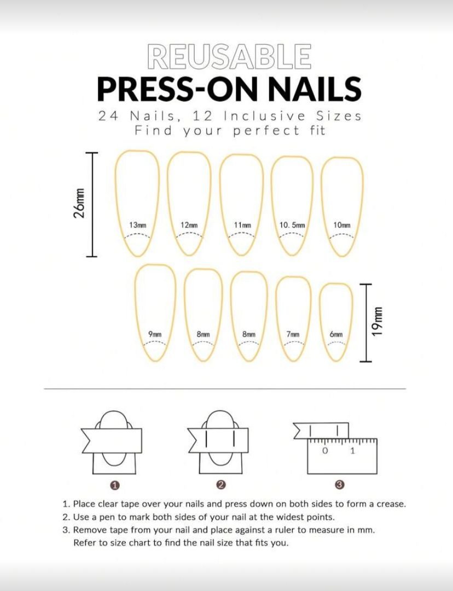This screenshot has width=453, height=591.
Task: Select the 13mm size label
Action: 137,225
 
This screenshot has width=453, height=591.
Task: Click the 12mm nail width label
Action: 189,225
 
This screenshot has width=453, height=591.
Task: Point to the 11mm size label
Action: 242,225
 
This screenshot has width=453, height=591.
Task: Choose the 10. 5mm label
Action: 292,225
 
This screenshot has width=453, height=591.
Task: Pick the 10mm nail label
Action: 341,225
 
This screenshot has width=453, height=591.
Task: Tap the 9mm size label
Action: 155,334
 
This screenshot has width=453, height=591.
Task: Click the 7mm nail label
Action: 293,334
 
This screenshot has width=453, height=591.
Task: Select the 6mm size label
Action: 336,334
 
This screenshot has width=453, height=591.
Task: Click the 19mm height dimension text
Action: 376,321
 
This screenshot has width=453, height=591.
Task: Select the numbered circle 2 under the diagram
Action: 222,484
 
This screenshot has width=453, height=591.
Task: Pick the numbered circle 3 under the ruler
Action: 339,484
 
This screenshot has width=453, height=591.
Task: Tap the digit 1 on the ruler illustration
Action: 352,451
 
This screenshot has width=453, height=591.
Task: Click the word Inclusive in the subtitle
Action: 264,116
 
